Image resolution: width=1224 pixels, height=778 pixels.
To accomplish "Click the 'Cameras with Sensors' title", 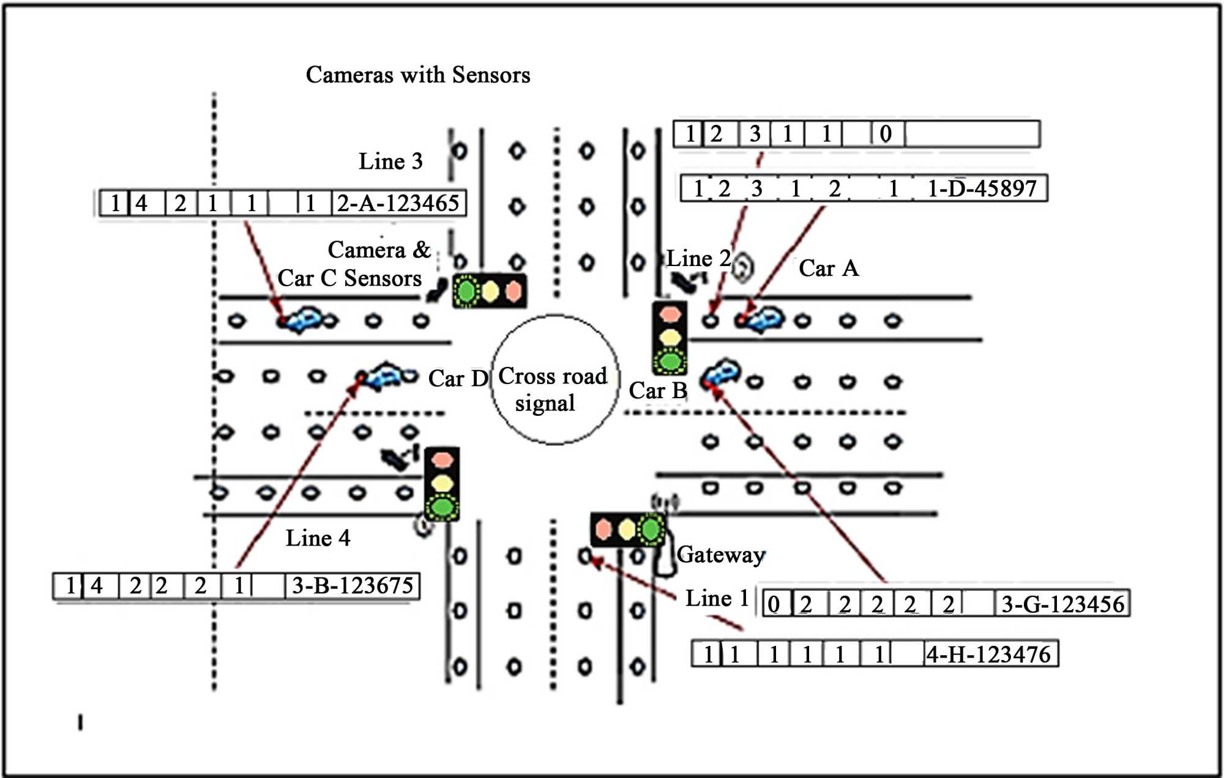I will (417, 75).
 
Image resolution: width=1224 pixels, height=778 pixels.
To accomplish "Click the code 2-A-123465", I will (398, 203).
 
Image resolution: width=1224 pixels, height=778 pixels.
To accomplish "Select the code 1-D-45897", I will (982, 188).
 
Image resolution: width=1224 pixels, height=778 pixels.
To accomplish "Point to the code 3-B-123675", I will (353, 586).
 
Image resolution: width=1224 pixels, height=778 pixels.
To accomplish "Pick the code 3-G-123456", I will (1062, 604).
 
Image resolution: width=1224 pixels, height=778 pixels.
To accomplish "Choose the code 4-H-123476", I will (989, 654).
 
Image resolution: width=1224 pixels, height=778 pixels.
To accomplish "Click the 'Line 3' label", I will (390, 161).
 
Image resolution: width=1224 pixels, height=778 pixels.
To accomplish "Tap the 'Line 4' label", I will (318, 538).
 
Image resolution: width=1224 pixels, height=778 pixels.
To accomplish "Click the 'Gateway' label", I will (721, 555).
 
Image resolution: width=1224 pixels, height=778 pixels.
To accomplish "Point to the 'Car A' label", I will (829, 269).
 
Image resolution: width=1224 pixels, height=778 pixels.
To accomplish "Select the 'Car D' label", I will (458, 379).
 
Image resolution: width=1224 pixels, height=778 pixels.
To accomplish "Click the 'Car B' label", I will (658, 390).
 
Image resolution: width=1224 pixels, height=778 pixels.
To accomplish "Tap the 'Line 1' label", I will (717, 598).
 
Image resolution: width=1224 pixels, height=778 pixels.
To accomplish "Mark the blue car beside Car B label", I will (721, 372).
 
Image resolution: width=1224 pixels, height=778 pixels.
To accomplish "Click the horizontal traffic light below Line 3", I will (490, 291).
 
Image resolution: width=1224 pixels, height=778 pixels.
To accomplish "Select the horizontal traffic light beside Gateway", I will (627, 529).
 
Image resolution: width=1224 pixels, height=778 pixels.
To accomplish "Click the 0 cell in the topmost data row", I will (885, 134).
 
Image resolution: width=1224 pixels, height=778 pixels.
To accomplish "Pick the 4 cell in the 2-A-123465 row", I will (141, 203).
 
